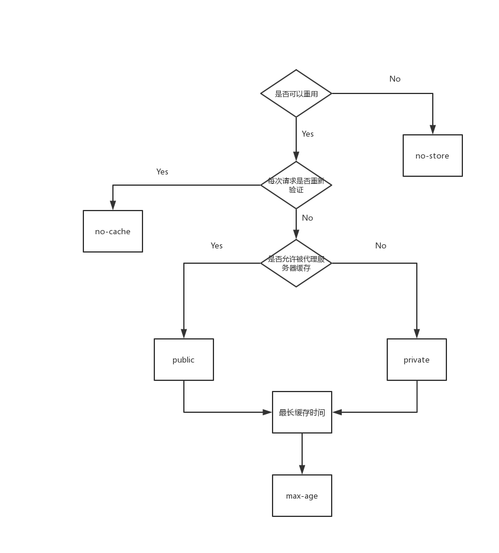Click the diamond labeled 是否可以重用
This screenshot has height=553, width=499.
coord(296,93)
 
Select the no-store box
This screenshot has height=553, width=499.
coord(432,156)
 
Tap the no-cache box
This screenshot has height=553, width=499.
coord(113,231)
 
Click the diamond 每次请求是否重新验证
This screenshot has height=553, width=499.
coord(296,185)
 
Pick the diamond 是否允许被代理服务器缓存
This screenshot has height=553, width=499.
coord(296,263)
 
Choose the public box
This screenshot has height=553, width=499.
coord(184,360)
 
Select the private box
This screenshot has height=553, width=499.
coord(417,360)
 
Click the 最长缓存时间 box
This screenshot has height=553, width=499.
coord(302,412)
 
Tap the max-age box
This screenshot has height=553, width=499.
coord(302,496)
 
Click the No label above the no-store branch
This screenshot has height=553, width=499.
coord(395,79)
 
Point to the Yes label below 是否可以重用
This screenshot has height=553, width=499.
coord(307,134)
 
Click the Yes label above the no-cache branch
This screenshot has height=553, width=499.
coord(162,172)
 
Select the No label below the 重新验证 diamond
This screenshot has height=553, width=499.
coord(307,218)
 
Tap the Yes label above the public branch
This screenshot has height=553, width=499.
coord(216,245)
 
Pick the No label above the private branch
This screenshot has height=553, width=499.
coord(381,245)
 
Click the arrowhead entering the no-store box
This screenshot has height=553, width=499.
coord(433,130)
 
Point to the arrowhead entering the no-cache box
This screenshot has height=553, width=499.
coord(113,205)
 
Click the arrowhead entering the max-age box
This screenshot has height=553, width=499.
coord(302,470)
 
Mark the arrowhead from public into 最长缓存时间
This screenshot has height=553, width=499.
coord(267,412)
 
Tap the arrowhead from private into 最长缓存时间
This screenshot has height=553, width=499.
coord(337,412)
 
